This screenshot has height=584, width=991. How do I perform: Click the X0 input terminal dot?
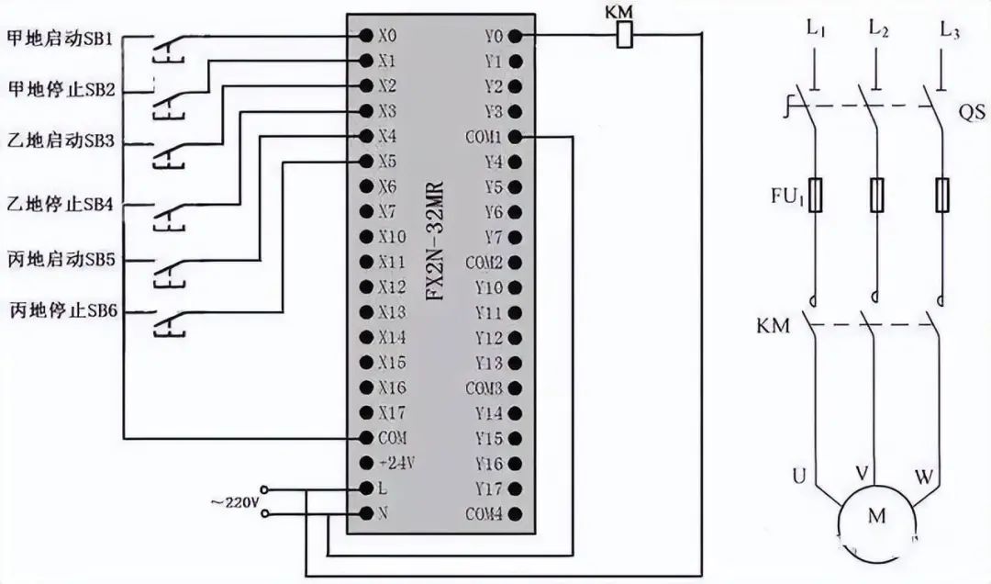[x=365, y=37]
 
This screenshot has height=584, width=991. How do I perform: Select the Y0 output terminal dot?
[x=515, y=37]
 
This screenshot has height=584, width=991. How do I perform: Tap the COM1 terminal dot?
[x=515, y=137]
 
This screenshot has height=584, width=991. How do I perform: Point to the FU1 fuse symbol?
[x=816, y=195]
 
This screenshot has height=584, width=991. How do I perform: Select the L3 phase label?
[x=950, y=29]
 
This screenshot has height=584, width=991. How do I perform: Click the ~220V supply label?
[x=233, y=502]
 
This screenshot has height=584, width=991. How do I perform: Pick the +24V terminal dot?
[x=366, y=463]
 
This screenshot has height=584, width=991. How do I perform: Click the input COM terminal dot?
[x=366, y=437]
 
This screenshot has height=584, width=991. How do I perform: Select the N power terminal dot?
[x=366, y=512]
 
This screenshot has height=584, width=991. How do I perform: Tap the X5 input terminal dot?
[x=365, y=162]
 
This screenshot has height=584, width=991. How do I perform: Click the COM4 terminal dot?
[x=515, y=513]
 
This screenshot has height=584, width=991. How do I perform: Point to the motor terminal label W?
[x=924, y=477]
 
